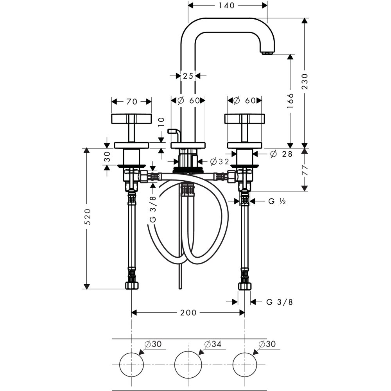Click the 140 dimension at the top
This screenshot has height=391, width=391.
[x=228, y=5]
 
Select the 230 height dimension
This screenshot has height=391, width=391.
[x=305, y=82]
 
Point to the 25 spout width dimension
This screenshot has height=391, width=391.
[x=188, y=75]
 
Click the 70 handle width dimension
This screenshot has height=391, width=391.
[x=132, y=102]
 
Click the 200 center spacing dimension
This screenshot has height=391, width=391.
[x=188, y=312]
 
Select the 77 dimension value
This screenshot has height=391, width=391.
[x=305, y=170]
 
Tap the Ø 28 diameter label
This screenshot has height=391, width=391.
[x=281, y=154]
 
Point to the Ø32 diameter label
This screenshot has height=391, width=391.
[x=219, y=161]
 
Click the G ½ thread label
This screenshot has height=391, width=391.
[x=277, y=201]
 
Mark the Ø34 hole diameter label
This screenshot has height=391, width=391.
[x=213, y=344]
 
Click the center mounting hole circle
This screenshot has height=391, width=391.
[x=188, y=364]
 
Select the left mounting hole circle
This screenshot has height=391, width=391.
[x=132, y=364]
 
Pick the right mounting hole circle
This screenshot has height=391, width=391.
[x=245, y=364]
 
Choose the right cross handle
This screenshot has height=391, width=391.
[x=245, y=118]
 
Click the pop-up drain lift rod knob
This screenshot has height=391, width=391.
[x=172, y=131]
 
